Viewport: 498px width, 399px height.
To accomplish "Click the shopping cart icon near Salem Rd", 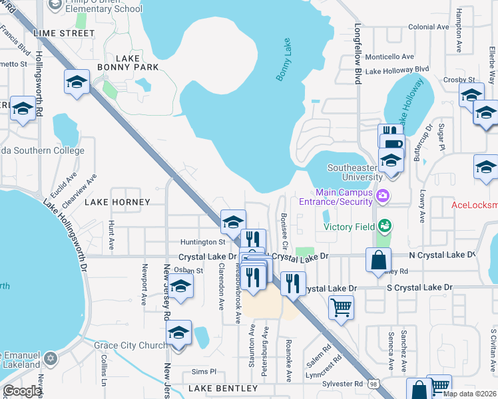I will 341,307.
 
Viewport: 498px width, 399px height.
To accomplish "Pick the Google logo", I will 23,391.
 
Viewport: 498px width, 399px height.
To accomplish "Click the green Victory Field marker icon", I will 383,226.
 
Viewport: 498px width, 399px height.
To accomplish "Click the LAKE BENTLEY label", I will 222,388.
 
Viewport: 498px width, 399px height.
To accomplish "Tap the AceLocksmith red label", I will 474,205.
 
